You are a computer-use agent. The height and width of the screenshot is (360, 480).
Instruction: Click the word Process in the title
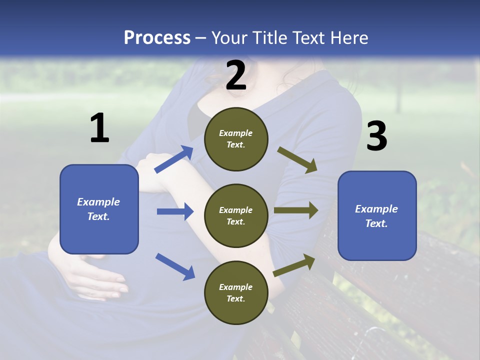tap(157, 37)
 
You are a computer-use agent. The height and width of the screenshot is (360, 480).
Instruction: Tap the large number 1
tap(99, 128)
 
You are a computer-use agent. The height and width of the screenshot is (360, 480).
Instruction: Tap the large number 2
tap(236, 75)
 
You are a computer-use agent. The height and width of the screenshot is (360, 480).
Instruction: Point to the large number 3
tap(376, 136)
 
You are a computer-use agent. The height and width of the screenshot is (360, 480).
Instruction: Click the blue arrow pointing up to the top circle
tap(174, 159)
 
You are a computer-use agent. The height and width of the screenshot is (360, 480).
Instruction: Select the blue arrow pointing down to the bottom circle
tap(175, 266)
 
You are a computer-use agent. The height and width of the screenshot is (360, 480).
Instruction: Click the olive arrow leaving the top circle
tap(298, 160)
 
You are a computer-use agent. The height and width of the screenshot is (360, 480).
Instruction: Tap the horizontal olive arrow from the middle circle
tap(295, 210)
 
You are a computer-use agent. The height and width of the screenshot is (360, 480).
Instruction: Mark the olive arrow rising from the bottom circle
tap(294, 265)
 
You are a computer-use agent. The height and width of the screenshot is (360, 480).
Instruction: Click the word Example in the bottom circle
tap(236, 287)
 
